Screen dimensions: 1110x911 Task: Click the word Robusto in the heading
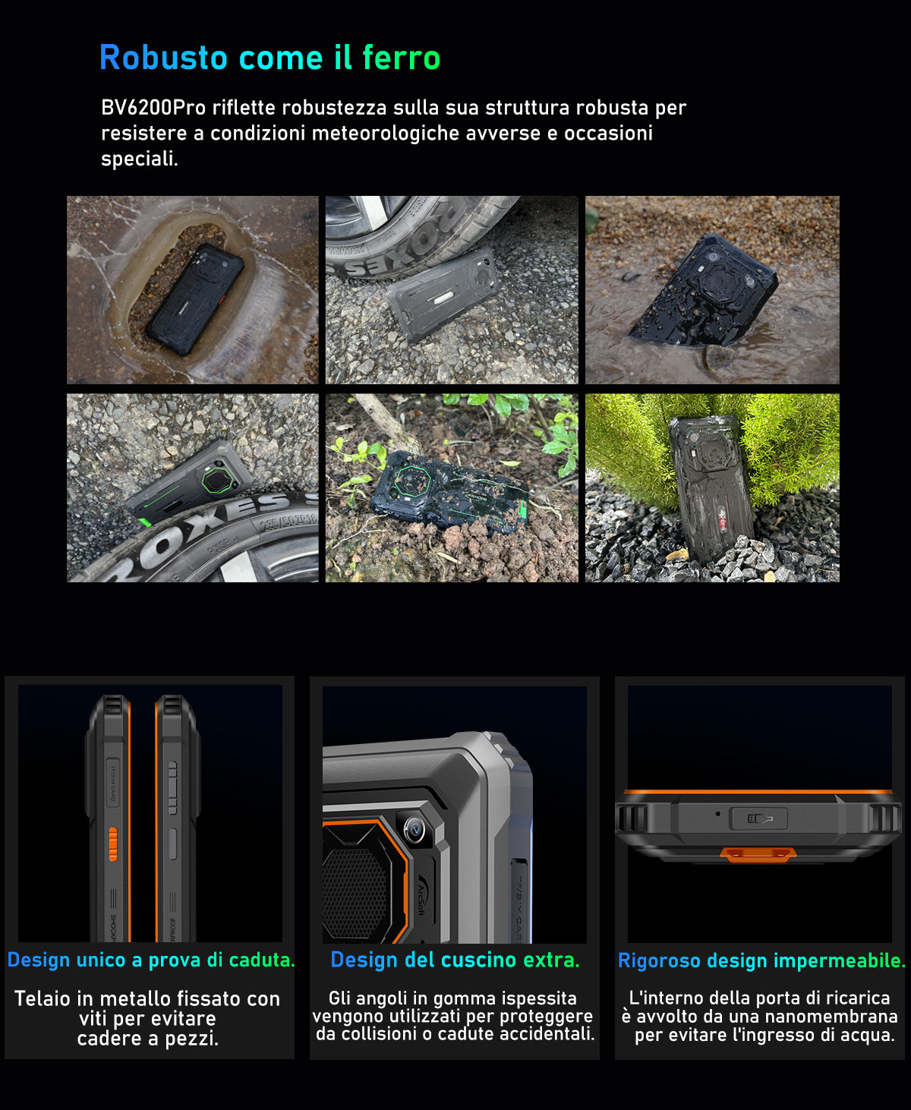pos(163,58)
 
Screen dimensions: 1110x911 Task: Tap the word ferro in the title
pos(401,58)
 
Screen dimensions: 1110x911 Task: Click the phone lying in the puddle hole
pos(195,298)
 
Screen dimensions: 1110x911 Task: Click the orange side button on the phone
pos(113,844)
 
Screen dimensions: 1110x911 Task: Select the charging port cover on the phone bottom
pos(758,818)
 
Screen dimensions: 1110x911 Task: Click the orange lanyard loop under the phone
pos(758,854)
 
